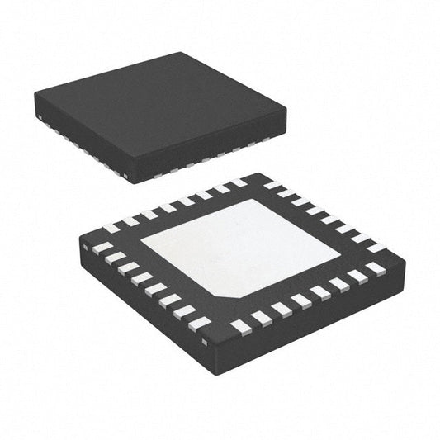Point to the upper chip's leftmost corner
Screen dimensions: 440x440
click(x=35, y=98)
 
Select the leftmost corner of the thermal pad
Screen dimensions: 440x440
click(x=141, y=240)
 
